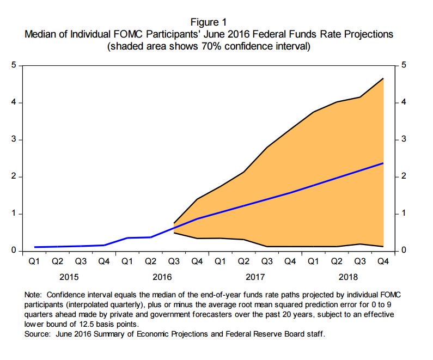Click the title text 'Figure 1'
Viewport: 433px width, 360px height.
[x=209, y=22]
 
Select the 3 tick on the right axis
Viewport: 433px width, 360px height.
[x=404, y=140]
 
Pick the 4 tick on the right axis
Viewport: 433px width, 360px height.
[x=404, y=102]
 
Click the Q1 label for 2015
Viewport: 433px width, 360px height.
[x=34, y=262]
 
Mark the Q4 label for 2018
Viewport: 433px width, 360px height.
[x=383, y=262]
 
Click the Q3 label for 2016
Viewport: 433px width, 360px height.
[x=174, y=262]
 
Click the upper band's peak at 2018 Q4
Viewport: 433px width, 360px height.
[x=383, y=79]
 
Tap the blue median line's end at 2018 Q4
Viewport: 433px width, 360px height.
[x=383, y=163]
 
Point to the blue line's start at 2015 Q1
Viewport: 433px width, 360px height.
[x=34, y=247]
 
